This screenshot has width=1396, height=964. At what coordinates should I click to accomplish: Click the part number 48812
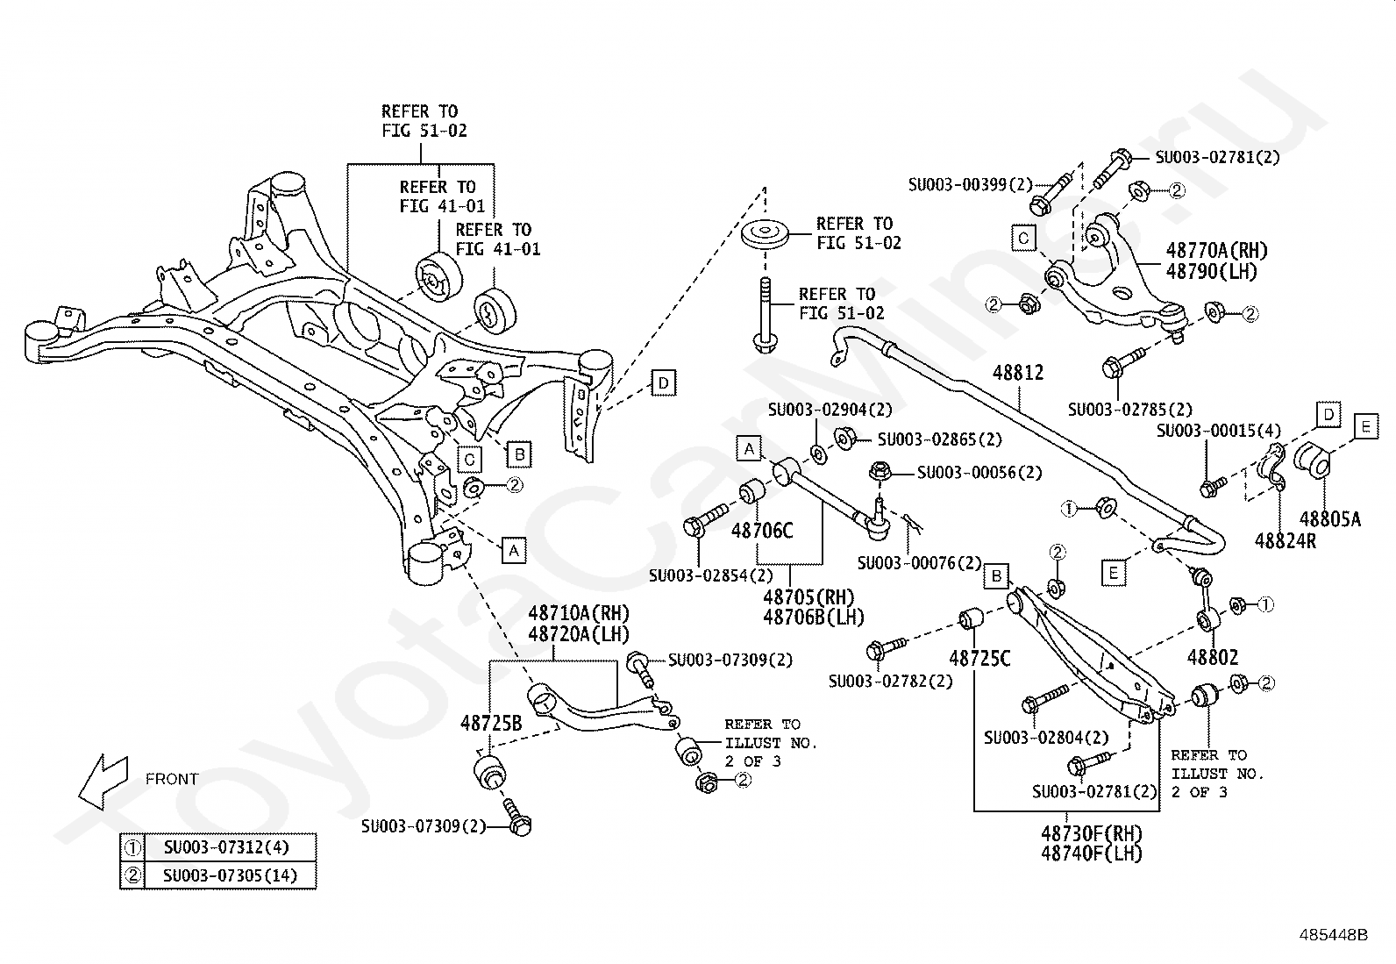pyautogui.click(x=1018, y=373)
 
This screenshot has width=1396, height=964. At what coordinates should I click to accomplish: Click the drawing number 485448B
pyautogui.click(x=1334, y=935)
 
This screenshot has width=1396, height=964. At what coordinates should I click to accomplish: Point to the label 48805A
pyautogui.click(x=1330, y=518)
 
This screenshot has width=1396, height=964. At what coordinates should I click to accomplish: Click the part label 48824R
pyautogui.click(x=1285, y=540)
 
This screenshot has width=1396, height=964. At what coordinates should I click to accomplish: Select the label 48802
pyautogui.click(x=1212, y=657)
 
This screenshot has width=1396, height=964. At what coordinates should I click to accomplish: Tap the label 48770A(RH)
pyautogui.click(x=1216, y=251)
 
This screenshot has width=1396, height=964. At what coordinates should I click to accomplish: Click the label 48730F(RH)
pyautogui.click(x=1091, y=833)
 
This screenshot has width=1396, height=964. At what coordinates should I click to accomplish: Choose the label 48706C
pyautogui.click(x=761, y=531)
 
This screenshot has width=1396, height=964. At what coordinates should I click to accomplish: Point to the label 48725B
pyautogui.click(x=491, y=723)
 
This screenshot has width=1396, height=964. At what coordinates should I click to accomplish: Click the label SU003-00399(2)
pyautogui.click(x=971, y=184)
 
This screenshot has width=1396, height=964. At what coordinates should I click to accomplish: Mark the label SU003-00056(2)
pyautogui.click(x=979, y=473)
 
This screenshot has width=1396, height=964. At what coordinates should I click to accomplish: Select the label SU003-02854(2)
pyautogui.click(x=711, y=575)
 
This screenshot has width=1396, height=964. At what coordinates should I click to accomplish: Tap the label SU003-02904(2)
pyautogui.click(x=830, y=410)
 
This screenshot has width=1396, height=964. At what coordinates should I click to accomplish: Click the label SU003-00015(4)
pyautogui.click(x=1219, y=431)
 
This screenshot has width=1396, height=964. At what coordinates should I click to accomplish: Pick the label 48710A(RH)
pyautogui.click(x=579, y=613)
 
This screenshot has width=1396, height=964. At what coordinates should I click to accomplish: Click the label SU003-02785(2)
pyautogui.click(x=1130, y=410)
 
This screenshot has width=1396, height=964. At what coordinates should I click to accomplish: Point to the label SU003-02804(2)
pyautogui.click(x=1046, y=738)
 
